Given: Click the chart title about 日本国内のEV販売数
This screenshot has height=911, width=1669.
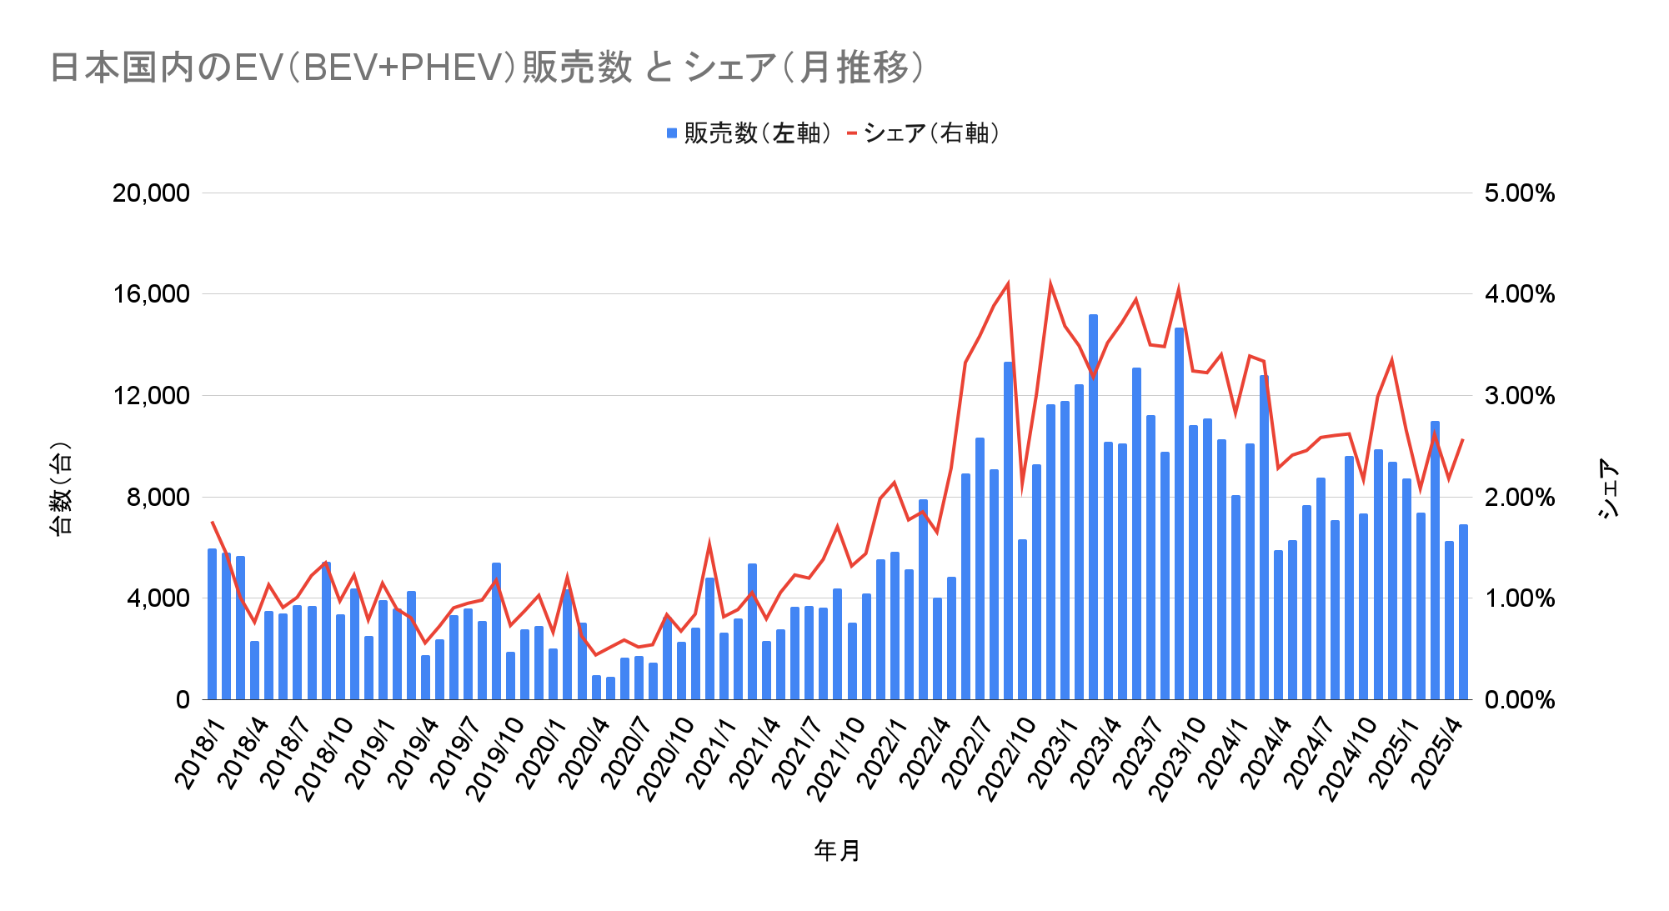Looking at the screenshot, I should click(488, 68).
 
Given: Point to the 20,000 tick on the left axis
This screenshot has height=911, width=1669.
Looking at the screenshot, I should click(151, 193).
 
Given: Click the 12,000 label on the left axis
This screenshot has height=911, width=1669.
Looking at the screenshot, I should click(151, 396).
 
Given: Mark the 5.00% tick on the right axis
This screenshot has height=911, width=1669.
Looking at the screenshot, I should click(1519, 193).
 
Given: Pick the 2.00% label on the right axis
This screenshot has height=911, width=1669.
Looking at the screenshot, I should click(1519, 498).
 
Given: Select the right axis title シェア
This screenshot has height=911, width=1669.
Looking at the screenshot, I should click(1608, 488).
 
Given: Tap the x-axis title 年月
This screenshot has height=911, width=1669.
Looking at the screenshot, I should click(837, 850).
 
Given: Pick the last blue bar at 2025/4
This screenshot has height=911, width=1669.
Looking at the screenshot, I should click(1463, 612).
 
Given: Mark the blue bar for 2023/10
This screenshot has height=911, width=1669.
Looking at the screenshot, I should click(1193, 562).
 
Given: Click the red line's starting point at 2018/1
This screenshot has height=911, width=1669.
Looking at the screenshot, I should click(212, 522).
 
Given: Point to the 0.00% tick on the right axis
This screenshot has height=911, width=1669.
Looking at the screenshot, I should click(1519, 700).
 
